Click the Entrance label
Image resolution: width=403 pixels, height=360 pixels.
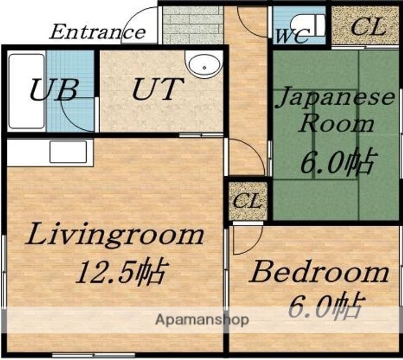[97, 32]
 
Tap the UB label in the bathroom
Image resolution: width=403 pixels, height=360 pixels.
[54, 90]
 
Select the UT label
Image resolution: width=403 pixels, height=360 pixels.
[158, 89]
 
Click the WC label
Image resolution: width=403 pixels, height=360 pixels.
[293, 36]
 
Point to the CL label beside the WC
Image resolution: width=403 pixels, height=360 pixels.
[368, 26]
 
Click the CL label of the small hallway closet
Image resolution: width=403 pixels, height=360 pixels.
[247, 200]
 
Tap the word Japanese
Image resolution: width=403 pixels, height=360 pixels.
[335, 98]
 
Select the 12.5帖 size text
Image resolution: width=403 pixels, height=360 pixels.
[120, 272]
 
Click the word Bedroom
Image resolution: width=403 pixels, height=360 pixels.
[318, 272]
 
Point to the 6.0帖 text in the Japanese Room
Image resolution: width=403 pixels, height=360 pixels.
[339, 161]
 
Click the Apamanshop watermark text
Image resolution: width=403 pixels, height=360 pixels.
[202, 320]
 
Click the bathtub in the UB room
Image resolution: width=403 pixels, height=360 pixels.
[26, 91]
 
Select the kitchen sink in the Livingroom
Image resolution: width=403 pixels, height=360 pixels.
[68, 152]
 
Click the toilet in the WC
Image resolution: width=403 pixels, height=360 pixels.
[308, 25]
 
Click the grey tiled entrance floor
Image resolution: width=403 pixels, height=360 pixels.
[193, 25]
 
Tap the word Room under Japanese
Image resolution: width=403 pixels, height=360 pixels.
[337, 125]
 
